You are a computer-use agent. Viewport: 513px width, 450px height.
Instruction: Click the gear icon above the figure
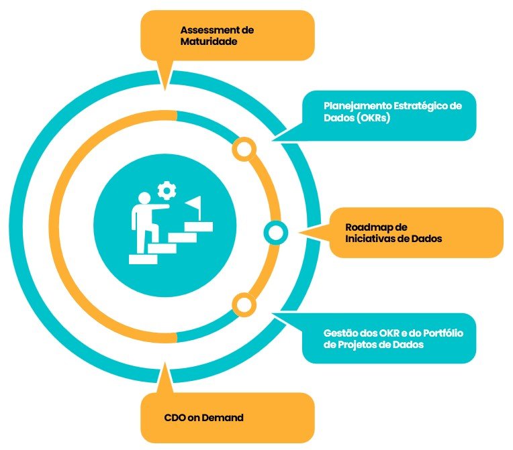click(x=165, y=191)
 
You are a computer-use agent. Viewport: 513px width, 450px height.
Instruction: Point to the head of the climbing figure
click(x=143, y=199)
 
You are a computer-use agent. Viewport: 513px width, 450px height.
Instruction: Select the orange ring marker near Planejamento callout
click(x=244, y=148)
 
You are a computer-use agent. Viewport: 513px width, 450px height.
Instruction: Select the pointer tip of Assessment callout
click(x=164, y=89)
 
